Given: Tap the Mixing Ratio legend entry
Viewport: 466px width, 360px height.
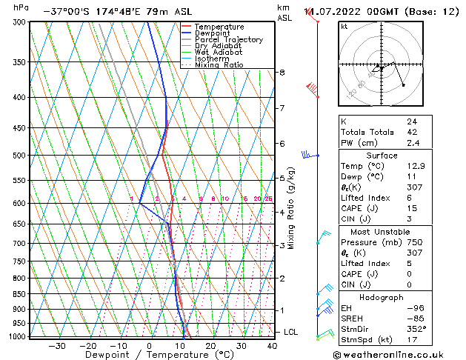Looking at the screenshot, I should (219, 64).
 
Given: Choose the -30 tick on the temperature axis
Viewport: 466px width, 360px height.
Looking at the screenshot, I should (57, 346).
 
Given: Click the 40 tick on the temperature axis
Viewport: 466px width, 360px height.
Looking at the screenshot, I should (272, 346).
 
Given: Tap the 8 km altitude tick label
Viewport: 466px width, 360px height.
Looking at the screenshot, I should (282, 73).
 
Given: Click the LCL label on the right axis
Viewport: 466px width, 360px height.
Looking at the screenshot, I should (290, 332).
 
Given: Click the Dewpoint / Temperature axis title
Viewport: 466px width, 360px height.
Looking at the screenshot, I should (150, 355).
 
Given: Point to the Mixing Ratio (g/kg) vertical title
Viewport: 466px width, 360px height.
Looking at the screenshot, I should (291, 208).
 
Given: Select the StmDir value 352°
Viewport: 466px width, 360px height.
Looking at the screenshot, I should (417, 330).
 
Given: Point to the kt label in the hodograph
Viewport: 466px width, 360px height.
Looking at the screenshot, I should (344, 27).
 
